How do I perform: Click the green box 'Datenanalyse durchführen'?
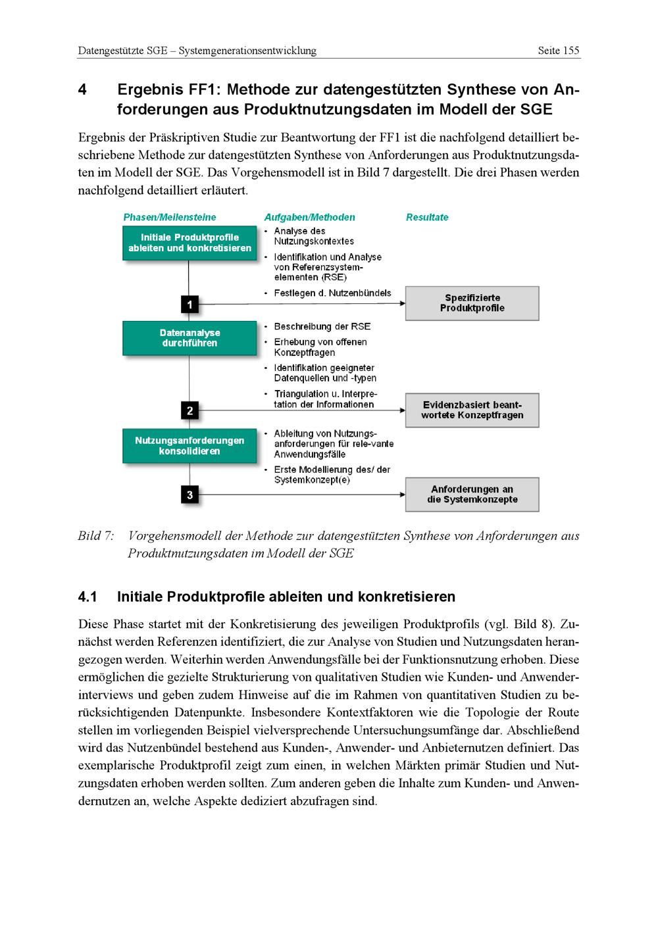coord(190,338)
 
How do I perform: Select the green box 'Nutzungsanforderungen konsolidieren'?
coord(190,446)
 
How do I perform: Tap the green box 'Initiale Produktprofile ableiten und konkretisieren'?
coord(190,243)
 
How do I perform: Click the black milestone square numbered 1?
coord(190,305)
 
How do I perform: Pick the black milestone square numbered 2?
coord(190,411)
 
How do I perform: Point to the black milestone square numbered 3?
coord(190,495)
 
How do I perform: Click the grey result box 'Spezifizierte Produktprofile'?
coord(472,303)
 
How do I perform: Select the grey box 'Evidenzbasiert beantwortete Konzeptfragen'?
coord(472,410)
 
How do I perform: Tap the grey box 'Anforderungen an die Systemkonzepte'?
coord(472,495)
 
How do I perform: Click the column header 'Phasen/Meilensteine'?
coord(169,218)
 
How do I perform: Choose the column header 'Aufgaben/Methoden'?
coord(309,218)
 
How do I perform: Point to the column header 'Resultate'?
coord(427,218)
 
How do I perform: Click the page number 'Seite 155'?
coord(558,51)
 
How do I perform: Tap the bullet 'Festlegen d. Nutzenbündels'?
coord(332,293)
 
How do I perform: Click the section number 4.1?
coord(88,597)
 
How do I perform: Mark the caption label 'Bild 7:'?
coord(95,536)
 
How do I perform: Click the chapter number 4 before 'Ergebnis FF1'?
coord(82,89)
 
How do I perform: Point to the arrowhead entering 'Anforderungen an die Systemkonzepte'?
coord(401,495)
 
